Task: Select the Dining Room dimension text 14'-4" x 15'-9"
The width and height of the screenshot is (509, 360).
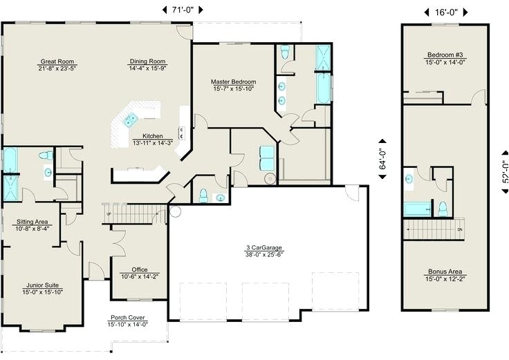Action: tap(147, 69)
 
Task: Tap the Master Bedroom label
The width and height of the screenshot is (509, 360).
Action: tap(234, 81)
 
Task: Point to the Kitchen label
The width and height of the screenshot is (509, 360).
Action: tap(153, 135)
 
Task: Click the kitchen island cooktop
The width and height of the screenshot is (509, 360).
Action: tap(129, 120)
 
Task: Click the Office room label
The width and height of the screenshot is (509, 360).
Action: tap(139, 270)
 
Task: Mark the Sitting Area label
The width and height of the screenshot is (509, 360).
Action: tap(33, 222)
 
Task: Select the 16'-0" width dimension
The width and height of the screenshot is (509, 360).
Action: tap(445, 12)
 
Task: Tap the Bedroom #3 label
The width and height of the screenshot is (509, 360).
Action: tap(445, 55)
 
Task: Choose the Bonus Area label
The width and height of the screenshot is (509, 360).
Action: tap(445, 272)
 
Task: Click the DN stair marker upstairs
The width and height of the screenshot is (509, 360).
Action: tap(459, 229)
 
